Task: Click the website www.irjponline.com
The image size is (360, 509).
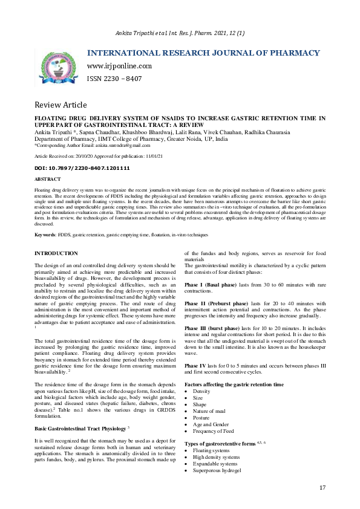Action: (x=119, y=66)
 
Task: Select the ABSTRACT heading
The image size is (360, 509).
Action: (x=48, y=180)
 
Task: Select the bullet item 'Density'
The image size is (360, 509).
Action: (x=202, y=392)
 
